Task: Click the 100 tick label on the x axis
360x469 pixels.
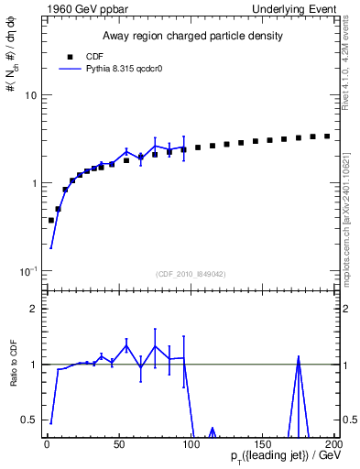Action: click(x=189, y=442)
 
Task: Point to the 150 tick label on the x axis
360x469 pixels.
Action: click(x=262, y=442)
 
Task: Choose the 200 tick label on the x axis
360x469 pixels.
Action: click(x=333, y=442)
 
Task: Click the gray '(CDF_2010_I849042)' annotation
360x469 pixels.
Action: click(x=190, y=273)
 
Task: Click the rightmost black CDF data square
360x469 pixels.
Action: click(x=327, y=136)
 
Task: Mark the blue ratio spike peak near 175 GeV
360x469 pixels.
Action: click(x=299, y=358)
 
